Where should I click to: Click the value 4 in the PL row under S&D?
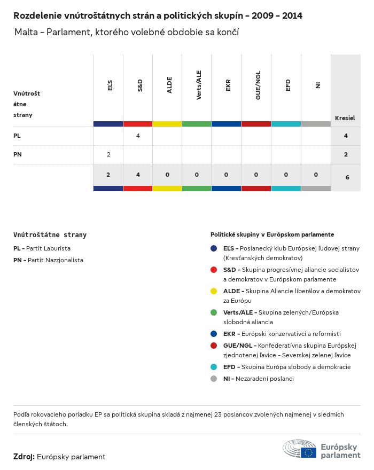[138, 136]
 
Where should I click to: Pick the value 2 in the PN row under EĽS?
[108, 154]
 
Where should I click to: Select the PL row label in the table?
[17, 136]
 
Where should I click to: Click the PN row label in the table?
[18, 154]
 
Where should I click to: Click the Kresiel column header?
[345, 118]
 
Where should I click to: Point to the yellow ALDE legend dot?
[214, 291]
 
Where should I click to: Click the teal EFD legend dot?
[214, 367]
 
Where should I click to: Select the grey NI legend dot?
[214, 379]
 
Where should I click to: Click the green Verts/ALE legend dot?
[214, 312]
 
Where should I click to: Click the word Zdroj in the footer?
[24, 457]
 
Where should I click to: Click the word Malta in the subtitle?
[26, 33]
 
